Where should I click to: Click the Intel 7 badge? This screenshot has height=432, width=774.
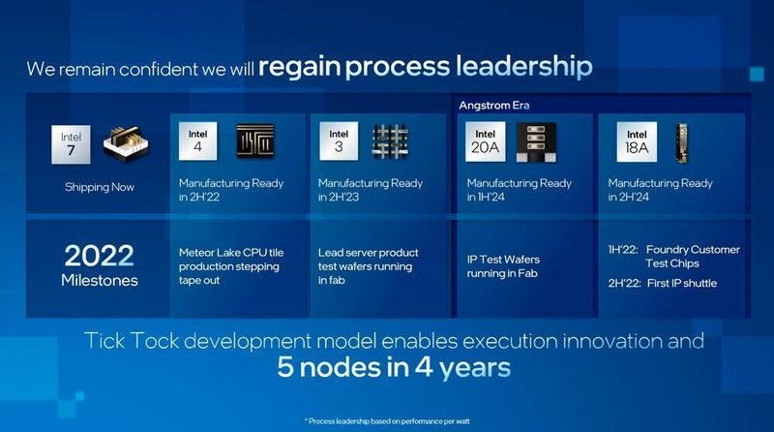click(x=71, y=142)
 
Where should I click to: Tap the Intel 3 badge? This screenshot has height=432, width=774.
click(x=339, y=142)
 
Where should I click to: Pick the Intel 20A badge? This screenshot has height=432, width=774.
click(x=488, y=142)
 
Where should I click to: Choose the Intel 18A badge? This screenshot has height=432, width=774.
click(x=637, y=142)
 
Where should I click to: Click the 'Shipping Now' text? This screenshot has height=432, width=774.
click(x=100, y=187)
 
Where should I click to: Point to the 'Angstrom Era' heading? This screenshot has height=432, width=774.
click(x=494, y=104)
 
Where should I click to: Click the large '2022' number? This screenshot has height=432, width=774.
click(x=101, y=256)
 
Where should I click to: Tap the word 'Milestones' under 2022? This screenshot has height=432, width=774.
click(x=101, y=281)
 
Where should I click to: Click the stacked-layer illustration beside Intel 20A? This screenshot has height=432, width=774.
click(x=536, y=142)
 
